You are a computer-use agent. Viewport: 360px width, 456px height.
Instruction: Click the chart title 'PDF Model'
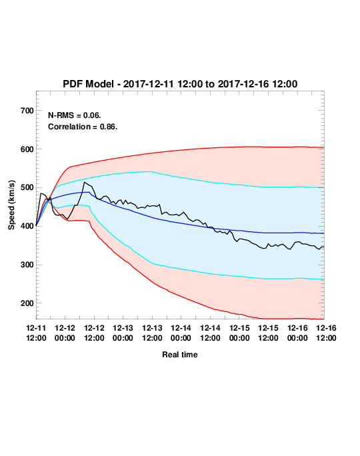coord(88,84)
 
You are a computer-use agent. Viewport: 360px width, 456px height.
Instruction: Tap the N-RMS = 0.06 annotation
coord(75,115)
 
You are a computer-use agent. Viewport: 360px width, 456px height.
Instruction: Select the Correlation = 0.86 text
coord(83,127)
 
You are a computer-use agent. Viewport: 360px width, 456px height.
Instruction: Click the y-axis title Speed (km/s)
coord(11,205)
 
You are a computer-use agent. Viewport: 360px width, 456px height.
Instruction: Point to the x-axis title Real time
coord(180,355)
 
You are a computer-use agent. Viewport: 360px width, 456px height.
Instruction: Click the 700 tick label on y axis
coord(27,111)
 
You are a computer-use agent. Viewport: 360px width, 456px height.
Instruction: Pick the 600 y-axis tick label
coord(27,149)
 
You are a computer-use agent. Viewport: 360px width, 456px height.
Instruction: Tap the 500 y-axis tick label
coord(27,187)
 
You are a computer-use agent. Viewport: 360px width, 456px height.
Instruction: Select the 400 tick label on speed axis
coord(27,226)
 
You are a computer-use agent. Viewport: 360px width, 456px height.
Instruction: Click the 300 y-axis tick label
coord(27,265)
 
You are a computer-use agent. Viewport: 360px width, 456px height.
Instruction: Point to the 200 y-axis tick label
coord(27,303)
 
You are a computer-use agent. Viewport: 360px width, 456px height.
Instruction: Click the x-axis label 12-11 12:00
coord(36,333)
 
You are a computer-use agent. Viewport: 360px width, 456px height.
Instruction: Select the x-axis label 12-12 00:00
coord(65,333)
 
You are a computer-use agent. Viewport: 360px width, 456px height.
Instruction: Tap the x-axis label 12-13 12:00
coord(152,333)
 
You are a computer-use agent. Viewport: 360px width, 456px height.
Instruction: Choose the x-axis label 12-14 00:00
coord(181,333)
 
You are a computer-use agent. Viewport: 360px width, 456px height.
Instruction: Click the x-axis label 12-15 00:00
coord(239,333)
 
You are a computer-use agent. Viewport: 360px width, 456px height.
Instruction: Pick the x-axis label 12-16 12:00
coord(326,333)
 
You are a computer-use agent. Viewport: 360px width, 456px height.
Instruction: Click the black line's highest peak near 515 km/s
coord(84,182)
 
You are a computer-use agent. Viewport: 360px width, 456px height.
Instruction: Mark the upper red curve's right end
coord(324,147)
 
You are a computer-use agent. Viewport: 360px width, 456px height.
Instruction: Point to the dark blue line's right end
coord(324,233)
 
